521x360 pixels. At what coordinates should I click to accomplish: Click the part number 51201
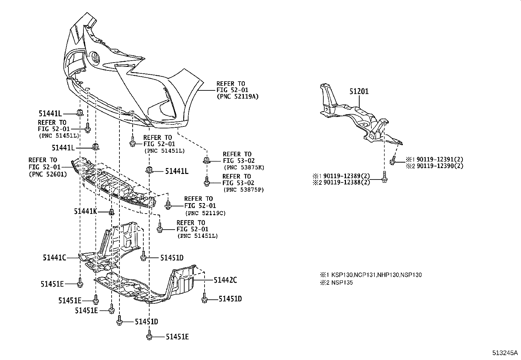(x=359, y=91)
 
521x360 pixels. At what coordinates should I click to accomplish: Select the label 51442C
(x=225, y=280)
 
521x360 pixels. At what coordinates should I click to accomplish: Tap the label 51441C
(x=54, y=258)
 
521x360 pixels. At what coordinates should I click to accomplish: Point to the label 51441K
(x=85, y=212)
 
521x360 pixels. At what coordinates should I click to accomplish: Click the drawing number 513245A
(x=505, y=353)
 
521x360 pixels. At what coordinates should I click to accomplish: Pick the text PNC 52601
(x=48, y=174)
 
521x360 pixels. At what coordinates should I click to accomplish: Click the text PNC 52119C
(x=205, y=213)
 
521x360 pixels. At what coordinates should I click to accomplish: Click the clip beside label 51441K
(x=111, y=212)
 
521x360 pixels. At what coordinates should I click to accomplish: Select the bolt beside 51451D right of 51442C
(x=204, y=299)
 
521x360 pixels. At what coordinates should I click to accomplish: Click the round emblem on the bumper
(x=95, y=58)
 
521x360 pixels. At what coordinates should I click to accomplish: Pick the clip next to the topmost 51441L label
(x=80, y=112)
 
